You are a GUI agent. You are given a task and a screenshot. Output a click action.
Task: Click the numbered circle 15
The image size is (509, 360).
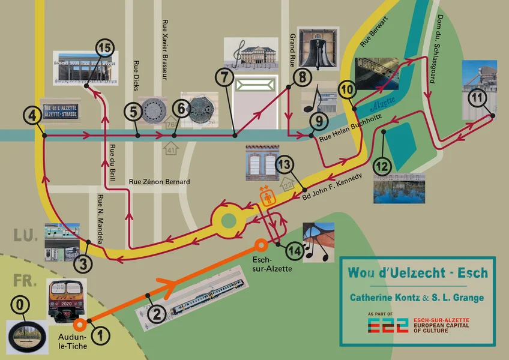[x=105, y=48]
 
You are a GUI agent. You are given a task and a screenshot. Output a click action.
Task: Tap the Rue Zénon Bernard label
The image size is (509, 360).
[x=160, y=182]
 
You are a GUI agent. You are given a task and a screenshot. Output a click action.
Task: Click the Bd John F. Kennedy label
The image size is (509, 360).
[x=332, y=185]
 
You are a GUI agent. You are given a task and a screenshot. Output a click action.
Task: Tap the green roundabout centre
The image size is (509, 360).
[x=229, y=221]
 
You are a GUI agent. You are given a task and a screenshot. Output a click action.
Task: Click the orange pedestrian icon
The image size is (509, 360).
[x=266, y=195]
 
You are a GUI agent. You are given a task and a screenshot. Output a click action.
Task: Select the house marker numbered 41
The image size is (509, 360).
[x=171, y=148]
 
